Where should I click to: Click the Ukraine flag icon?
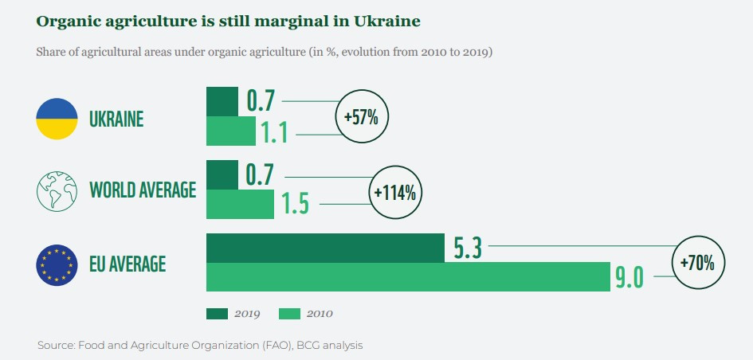pos(57,119)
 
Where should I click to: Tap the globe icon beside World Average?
pos(57,190)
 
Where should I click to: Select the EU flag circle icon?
pos(57,264)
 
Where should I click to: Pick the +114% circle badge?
pos(395,192)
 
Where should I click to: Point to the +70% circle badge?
pos(701,262)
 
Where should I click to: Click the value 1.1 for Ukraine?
pos(274,133)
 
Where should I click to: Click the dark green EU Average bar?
pos(325,248)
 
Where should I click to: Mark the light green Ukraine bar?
pos(231,132)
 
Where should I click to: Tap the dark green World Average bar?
pos(222,174)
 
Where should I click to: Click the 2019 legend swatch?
pos(217,313)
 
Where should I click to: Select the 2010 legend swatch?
pos(289,313)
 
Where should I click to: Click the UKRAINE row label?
pos(116,119)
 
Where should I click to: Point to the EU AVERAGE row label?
pos(127,263)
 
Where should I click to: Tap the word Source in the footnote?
pos(54,346)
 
